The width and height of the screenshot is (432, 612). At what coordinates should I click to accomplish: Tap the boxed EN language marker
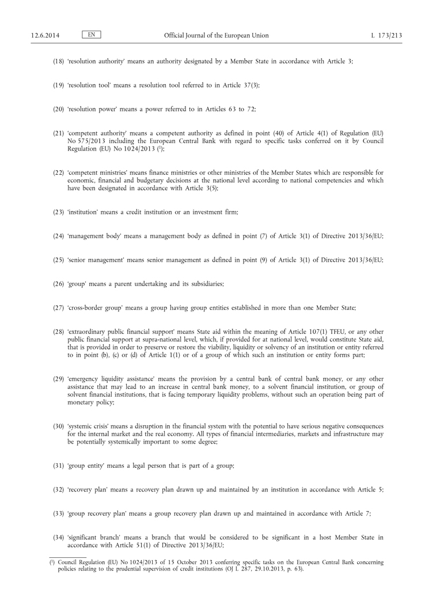(91, 35)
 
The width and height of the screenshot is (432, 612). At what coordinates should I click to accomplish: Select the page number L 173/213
(386, 35)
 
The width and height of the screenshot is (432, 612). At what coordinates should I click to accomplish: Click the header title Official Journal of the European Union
(216, 35)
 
